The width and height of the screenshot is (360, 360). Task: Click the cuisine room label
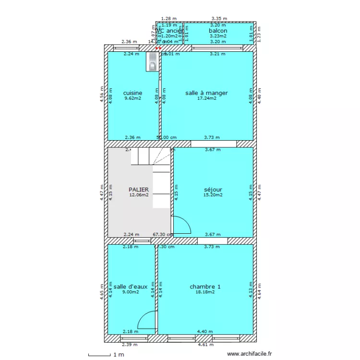point(132,93)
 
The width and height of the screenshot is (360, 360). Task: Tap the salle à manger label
point(206,93)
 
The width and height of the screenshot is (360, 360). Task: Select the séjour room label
point(213,190)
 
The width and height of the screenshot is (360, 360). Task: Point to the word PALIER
point(139,190)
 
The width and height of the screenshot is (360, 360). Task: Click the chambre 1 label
point(205,287)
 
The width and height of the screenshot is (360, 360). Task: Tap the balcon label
point(218,31)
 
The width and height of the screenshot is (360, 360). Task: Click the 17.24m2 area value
point(206,98)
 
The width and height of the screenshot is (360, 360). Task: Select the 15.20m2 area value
point(213,195)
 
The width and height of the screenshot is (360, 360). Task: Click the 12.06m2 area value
point(139,195)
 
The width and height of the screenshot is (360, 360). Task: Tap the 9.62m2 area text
point(132,98)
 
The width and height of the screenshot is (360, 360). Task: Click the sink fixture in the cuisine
point(152,61)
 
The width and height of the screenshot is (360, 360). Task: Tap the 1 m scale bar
point(107,355)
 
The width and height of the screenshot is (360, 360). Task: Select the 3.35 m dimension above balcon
point(219,18)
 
